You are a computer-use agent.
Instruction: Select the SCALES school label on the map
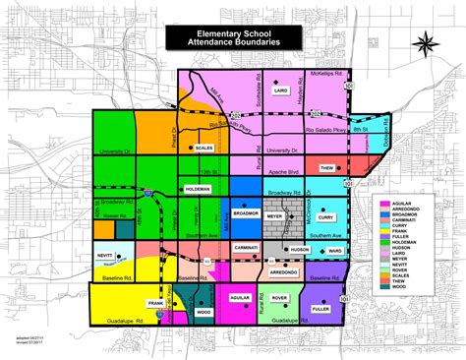pyautogui.click(x=204, y=148)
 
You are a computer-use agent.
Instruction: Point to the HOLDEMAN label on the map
pyautogui.click(x=198, y=188)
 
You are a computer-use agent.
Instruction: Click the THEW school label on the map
pyautogui.click(x=328, y=168)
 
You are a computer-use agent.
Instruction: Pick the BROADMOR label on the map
pyautogui.click(x=245, y=211)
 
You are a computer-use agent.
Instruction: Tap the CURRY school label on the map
pyautogui.click(x=354, y=216)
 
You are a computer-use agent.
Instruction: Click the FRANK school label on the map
pyautogui.click(x=154, y=304)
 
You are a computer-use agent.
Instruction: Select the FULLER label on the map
pyautogui.click(x=320, y=309)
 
